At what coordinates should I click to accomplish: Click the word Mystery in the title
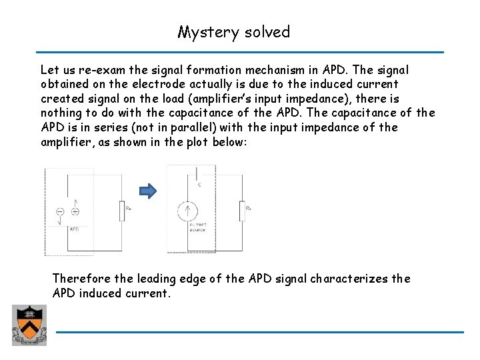click(203, 32)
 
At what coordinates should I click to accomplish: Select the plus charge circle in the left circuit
click(75, 212)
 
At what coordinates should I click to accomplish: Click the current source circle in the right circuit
click(187, 211)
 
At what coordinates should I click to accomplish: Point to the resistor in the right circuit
click(243, 212)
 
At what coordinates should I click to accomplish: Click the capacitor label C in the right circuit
click(199, 183)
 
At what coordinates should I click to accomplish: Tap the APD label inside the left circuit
click(75, 229)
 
